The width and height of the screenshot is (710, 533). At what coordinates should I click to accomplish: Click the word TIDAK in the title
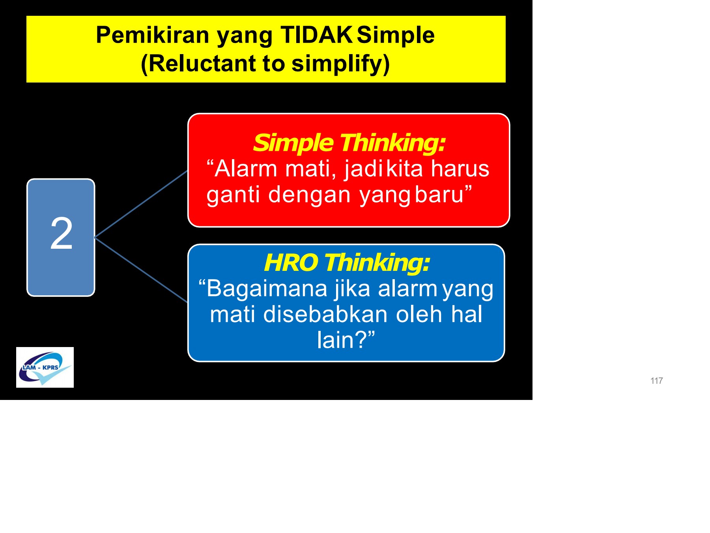pos(316,35)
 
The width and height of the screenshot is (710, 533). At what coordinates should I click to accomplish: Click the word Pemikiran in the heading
pos(152,35)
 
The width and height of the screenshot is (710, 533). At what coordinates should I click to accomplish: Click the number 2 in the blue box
pos(62,234)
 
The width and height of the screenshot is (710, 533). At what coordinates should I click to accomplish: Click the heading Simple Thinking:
pos(349,143)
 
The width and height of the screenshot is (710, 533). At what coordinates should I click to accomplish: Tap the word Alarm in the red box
pos(246,169)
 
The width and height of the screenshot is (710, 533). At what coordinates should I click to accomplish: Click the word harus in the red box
pos(460,169)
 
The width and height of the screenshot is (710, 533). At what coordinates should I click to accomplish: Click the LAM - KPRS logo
pos(45,368)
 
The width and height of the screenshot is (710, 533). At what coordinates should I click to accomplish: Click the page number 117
pos(656,381)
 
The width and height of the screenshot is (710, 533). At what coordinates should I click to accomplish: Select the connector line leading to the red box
pos(141,204)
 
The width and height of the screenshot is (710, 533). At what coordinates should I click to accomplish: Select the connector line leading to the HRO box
pos(141,270)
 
